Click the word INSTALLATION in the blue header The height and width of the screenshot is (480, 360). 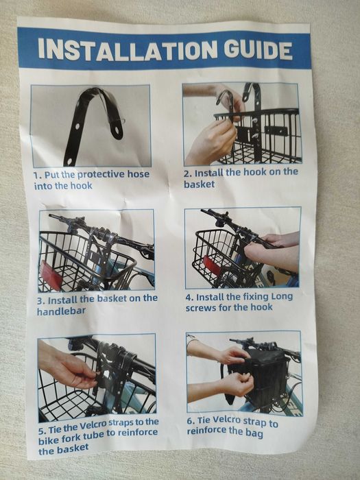[128, 49]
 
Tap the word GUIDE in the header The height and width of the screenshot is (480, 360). [258, 50]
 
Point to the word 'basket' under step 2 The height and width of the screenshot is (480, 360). [200, 184]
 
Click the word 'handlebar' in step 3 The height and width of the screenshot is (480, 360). [61, 311]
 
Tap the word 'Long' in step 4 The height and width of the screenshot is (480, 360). [283, 297]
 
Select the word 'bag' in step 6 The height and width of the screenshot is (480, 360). [254, 433]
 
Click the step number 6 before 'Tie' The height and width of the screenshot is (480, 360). [191, 420]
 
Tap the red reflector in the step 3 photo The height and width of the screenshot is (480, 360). [51, 276]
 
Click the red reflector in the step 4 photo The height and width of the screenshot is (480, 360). [212, 265]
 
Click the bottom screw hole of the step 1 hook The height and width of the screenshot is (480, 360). [70, 159]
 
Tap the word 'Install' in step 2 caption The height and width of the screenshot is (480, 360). [208, 173]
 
